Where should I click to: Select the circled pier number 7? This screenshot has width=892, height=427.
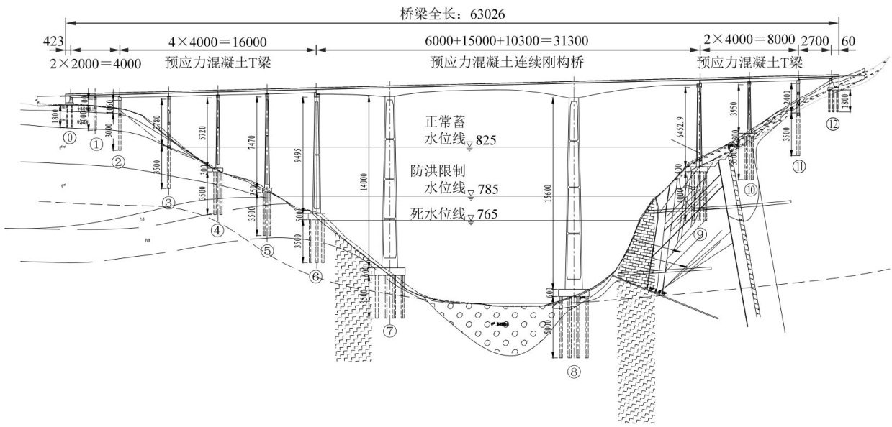click(390, 331)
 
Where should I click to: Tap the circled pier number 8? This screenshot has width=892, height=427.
click(573, 372)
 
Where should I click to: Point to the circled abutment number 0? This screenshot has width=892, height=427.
click(70, 137)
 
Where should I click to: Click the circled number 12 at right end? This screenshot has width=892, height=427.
click(833, 123)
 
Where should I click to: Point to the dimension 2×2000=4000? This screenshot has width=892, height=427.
click(94, 63)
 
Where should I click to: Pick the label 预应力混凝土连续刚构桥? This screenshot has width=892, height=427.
click(506, 63)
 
